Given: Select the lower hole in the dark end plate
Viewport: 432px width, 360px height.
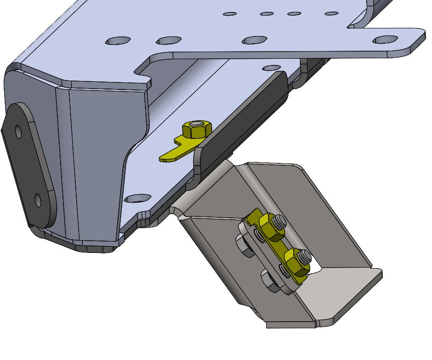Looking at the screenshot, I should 38,201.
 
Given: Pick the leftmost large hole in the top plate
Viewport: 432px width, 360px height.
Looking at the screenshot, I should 118,41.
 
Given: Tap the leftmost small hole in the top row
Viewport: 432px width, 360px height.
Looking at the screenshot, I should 230,14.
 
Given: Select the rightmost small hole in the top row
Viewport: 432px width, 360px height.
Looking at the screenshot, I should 332,13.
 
